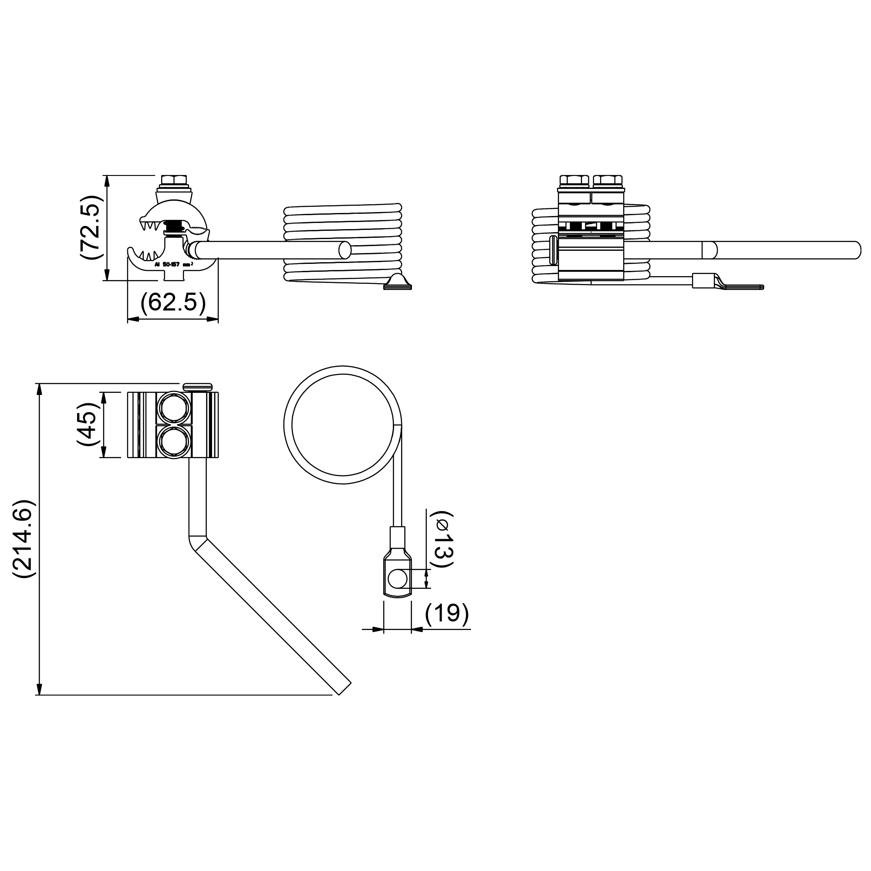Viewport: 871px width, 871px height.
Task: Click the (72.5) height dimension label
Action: pyautogui.click(x=90, y=227)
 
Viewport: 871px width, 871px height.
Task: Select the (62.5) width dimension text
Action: pyautogui.click(x=173, y=302)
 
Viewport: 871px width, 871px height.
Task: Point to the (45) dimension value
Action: pyautogui.click(x=87, y=425)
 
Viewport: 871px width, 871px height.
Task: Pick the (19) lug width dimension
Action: pyautogui.click(x=447, y=613)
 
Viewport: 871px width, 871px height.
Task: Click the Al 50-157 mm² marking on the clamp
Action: pyautogui.click(x=174, y=265)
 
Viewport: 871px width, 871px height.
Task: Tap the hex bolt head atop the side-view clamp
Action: pyautogui.click(x=173, y=180)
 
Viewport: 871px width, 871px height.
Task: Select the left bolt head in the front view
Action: pyautogui.click(x=574, y=181)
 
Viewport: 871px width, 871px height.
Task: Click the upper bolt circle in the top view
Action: pyautogui.click(x=174, y=408)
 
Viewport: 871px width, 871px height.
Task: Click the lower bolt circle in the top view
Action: pyautogui.click(x=174, y=442)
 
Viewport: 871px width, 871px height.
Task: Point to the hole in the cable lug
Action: pyautogui.click(x=397, y=578)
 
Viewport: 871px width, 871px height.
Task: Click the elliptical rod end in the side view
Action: pyautogui.click(x=345, y=250)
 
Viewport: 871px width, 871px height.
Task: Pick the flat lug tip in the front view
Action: pyautogui.click(x=744, y=287)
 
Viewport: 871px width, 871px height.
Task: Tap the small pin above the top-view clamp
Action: pyautogui.click(x=197, y=387)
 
